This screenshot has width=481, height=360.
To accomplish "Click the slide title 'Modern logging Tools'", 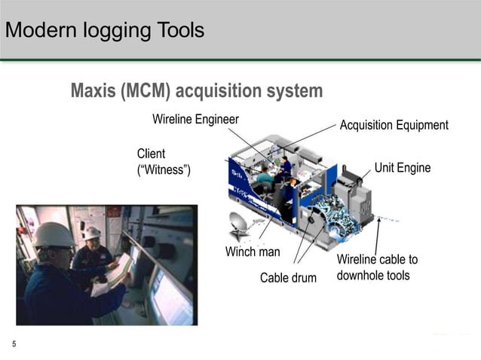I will point(104,31).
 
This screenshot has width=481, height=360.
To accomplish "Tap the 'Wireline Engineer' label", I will point(195,119).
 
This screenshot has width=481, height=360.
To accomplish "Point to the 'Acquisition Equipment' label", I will point(394,125).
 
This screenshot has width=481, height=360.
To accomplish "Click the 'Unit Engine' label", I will point(403,167).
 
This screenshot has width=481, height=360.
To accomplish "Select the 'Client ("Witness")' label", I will point(164,162).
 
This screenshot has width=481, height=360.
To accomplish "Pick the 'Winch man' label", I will point(253,252).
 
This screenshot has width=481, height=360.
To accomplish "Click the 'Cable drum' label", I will point(288,278).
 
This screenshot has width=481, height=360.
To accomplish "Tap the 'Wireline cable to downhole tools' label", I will point(376,267).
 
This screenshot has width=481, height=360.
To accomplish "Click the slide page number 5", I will point(14,344).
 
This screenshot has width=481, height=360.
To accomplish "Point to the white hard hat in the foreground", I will point(54,235).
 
